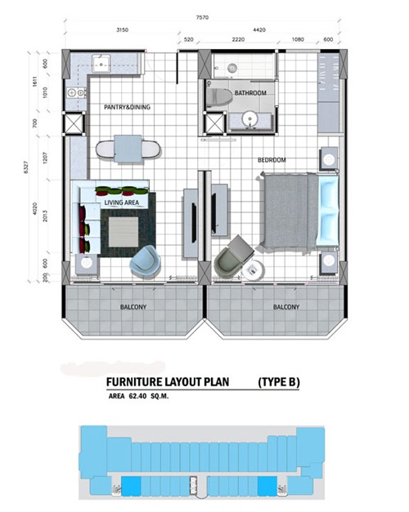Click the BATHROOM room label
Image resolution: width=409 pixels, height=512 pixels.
(x=250, y=93)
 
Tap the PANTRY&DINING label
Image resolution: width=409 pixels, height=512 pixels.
(x=127, y=107)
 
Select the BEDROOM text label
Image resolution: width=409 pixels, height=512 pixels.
(x=272, y=160)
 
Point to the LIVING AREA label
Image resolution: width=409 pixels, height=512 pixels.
(x=121, y=203)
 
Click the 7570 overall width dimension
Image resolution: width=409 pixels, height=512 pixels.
(x=202, y=18)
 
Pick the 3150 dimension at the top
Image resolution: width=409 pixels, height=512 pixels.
(x=122, y=30)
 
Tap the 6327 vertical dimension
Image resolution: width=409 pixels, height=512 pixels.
(x=26, y=167)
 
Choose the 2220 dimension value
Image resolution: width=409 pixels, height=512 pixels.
(x=238, y=39)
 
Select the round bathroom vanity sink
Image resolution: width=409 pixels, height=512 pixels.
(x=250, y=118)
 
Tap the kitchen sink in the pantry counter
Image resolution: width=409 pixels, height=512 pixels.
(x=101, y=64)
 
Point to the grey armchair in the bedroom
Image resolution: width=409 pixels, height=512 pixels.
(x=234, y=256)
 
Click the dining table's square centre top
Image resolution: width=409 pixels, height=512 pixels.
(x=128, y=149)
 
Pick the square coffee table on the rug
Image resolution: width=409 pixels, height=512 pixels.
(x=124, y=232)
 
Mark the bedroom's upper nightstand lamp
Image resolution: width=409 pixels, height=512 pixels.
(x=329, y=159)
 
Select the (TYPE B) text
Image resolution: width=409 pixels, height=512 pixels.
(x=279, y=381)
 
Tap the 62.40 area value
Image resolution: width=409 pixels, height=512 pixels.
(x=137, y=396)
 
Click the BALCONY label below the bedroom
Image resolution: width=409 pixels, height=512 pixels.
(x=286, y=307)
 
